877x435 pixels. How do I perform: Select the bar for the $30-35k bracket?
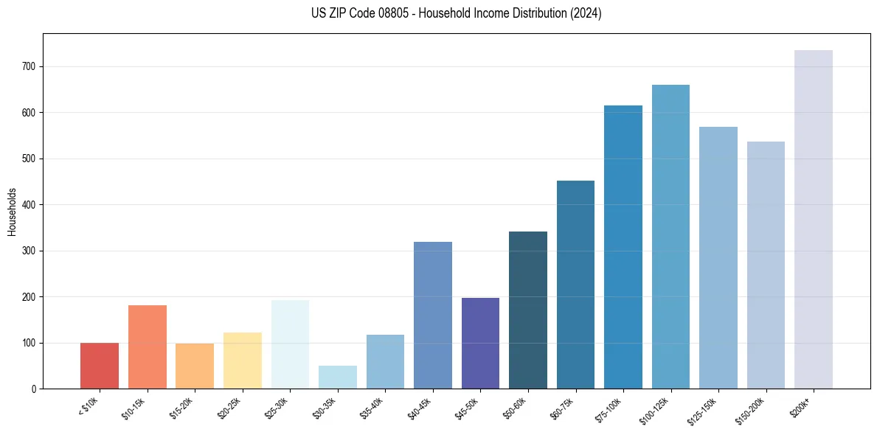(x=337, y=377)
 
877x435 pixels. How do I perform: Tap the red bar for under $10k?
(x=100, y=366)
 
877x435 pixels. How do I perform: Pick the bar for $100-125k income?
(x=670, y=237)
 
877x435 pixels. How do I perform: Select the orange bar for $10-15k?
(x=147, y=347)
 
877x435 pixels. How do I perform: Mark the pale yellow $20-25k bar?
(x=242, y=361)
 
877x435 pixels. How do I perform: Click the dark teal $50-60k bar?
(x=527, y=310)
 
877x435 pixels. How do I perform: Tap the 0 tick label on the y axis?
(x=35, y=389)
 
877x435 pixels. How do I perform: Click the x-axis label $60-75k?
(x=563, y=407)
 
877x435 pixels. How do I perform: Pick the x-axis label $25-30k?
(x=277, y=407)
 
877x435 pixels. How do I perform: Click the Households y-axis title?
(x=12, y=211)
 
